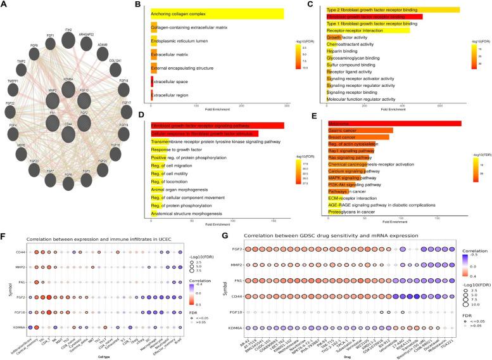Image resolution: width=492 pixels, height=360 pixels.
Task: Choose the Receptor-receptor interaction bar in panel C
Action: pos(367,30)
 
